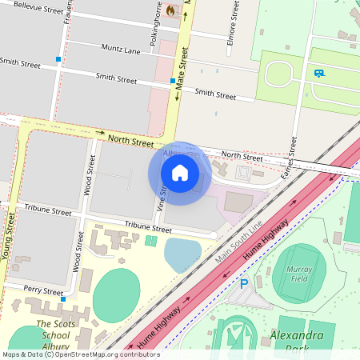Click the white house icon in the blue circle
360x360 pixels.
(180, 173)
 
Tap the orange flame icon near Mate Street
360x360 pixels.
(170, 10)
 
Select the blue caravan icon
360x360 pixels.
(319, 74)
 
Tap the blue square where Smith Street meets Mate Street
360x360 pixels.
(173, 81)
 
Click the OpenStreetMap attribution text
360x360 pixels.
(80, 354)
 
